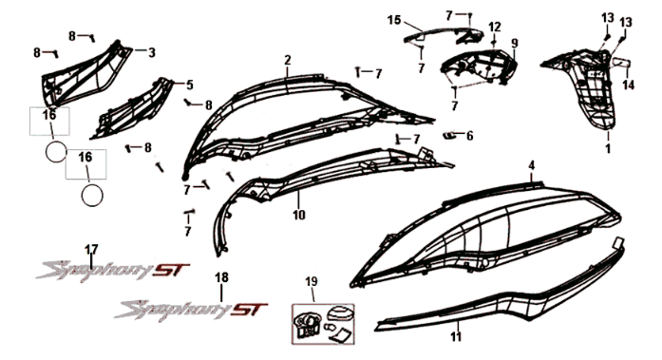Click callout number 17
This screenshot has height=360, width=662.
point(91,250)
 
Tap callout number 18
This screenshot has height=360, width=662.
point(221,277)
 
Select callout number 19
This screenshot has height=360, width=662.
point(311,282)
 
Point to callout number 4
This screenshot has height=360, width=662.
point(558,165)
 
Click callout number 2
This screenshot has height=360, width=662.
point(287,60)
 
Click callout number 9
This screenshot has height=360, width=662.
point(514,44)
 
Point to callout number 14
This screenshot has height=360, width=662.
point(627,85)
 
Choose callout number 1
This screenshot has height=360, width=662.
point(608,149)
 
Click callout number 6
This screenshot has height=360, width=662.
point(469,135)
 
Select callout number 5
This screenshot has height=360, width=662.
point(189,85)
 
